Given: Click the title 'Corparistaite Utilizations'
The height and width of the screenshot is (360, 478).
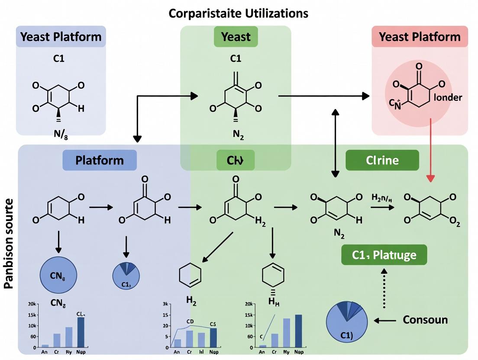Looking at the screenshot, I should tap(238, 13).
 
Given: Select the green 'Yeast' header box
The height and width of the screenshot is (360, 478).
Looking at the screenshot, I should tap(236, 37).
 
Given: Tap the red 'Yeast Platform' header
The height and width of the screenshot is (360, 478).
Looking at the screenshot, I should tap(420, 37).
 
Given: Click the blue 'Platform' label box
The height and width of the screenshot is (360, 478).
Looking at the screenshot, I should tap(100, 160).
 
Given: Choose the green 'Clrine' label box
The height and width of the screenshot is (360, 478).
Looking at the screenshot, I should tap(382, 160).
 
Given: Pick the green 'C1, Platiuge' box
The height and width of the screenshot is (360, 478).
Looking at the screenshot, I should tap(384, 255).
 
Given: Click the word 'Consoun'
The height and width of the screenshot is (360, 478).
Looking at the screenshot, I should tap(425, 320).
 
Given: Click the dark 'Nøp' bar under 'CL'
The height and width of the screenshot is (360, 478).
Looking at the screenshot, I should tap(81, 332).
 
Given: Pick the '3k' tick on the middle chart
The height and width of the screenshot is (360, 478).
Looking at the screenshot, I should tap(165, 305).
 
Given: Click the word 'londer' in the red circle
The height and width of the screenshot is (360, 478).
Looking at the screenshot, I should tap(447, 97).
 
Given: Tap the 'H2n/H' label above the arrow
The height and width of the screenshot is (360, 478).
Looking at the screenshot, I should tap(381, 198).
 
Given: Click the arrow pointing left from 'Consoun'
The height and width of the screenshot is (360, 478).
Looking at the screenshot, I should tap(385, 321).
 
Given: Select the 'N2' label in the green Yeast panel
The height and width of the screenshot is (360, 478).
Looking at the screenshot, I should tap(238, 134).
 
